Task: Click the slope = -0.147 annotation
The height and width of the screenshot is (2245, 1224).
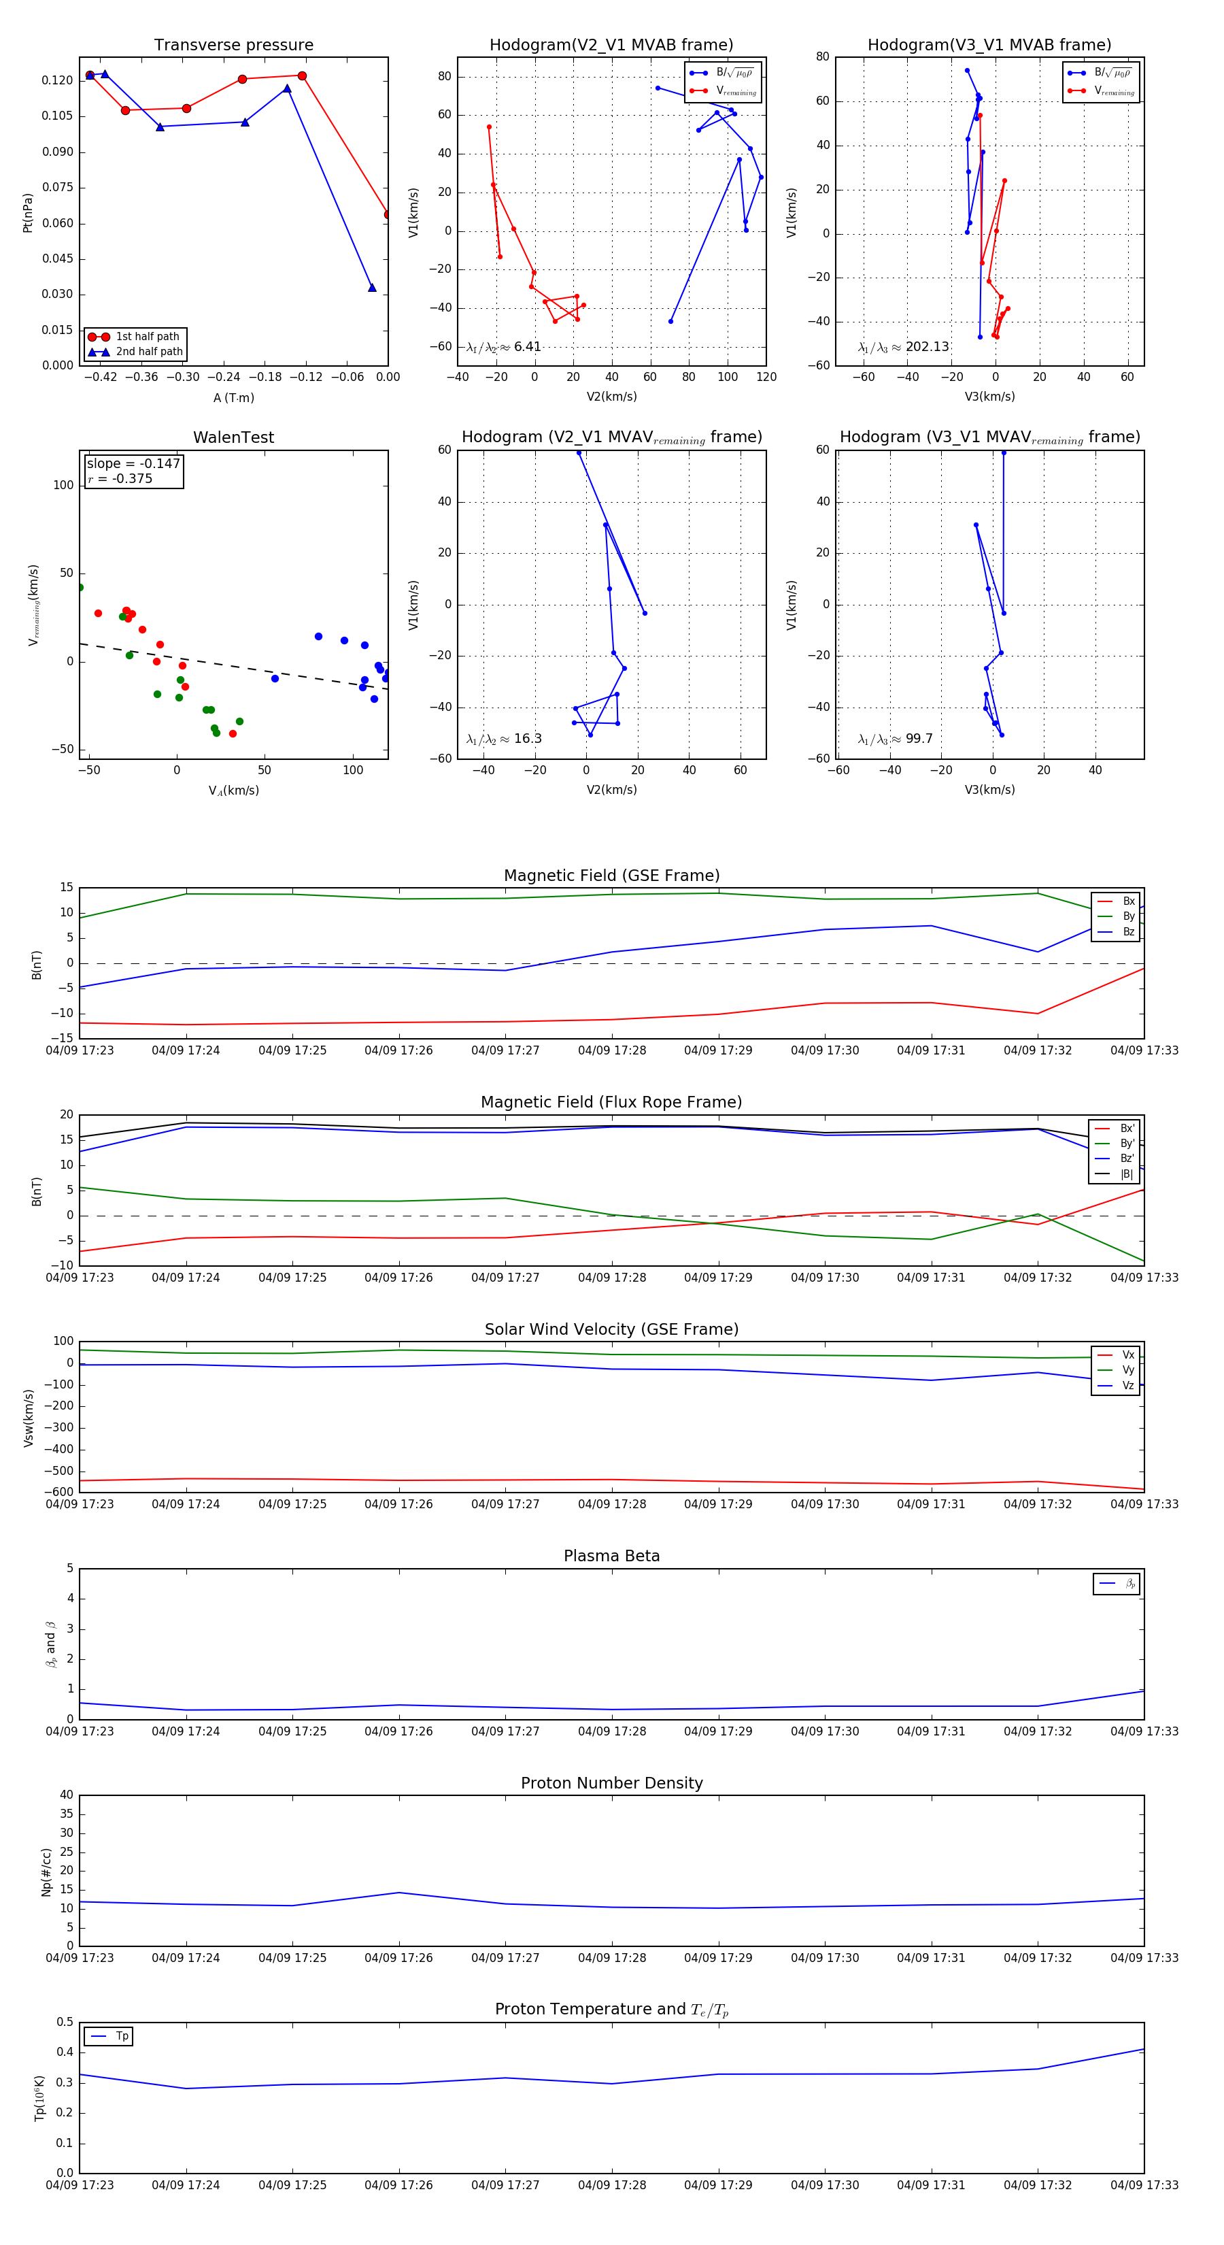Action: [x=133, y=464]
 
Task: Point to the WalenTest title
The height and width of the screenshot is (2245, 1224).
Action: [x=233, y=437]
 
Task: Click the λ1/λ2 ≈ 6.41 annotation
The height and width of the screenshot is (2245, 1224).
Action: [x=503, y=347]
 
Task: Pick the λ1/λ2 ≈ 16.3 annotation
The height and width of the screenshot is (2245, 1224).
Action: [x=503, y=739]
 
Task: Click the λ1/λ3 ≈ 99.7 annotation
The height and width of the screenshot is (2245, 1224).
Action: [x=895, y=739]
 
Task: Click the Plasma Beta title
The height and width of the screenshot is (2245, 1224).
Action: [x=611, y=1557]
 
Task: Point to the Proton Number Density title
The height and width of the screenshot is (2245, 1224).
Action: [x=611, y=1783]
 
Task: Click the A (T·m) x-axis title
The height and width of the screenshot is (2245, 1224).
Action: [x=233, y=398]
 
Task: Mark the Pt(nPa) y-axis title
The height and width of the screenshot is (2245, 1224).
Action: [x=28, y=213]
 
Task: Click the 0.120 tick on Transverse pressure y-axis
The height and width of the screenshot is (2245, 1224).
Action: [x=58, y=80]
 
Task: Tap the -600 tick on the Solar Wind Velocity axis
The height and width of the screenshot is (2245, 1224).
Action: [x=58, y=1492]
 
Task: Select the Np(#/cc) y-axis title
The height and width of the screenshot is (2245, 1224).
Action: [x=47, y=1872]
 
